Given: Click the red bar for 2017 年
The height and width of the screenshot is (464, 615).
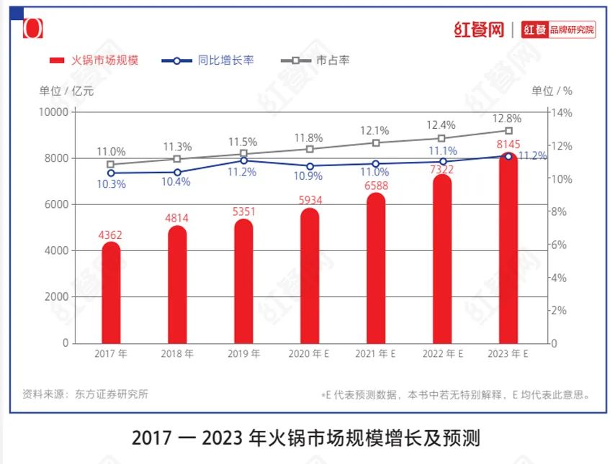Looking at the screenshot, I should coord(111,293).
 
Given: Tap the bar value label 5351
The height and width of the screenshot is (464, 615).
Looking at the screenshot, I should coord(243,211).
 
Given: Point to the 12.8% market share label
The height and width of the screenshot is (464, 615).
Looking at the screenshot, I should coord(508,118).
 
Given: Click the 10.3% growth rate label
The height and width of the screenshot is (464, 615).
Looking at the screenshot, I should coord(111,184).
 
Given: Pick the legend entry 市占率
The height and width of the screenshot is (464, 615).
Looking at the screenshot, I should coord(333,60).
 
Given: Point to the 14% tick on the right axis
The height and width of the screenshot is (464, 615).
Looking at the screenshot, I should coord(562,112).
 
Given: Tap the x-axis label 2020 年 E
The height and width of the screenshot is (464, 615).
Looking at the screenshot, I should coord(310,354).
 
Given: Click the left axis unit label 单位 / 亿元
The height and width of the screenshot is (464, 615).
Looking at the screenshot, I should coord(66,91).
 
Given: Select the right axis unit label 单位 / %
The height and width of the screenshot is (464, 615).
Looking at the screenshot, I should coord(552,91).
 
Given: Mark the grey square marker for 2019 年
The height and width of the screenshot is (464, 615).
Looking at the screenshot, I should coord(243,154).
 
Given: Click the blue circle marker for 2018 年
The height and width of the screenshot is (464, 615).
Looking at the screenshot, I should coord(177,172).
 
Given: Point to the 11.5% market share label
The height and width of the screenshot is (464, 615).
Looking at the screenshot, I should coord(243,142).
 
